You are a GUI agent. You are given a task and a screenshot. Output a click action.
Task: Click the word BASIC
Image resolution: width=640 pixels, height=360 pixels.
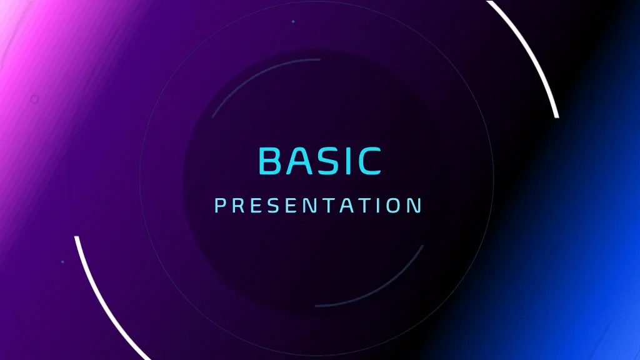[x=319, y=161]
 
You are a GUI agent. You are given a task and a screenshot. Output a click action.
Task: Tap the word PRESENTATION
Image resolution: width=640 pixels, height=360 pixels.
[x=318, y=206]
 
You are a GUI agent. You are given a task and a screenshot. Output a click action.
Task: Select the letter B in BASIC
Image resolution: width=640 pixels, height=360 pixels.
[x=271, y=161]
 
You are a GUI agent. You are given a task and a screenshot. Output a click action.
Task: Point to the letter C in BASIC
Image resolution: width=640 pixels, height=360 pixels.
[x=369, y=161]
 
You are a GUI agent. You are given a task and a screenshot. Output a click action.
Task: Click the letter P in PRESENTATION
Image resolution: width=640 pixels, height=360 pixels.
[x=219, y=206]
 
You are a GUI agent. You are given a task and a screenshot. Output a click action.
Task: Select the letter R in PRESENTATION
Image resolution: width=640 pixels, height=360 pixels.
[x=237, y=206]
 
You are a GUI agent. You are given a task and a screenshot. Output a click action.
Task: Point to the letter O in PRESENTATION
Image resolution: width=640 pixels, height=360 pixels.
[x=394, y=206]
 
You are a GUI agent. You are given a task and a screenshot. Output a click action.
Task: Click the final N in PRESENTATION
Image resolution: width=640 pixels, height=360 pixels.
[x=416, y=206]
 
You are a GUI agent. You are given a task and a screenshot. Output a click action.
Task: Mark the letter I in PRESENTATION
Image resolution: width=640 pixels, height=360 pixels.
[x=377, y=206]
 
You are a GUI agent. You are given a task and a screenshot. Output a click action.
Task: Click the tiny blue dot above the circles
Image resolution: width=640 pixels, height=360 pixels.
[x=293, y=22]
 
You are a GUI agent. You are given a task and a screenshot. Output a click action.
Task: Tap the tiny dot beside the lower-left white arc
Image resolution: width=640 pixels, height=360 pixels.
[x=62, y=262]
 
